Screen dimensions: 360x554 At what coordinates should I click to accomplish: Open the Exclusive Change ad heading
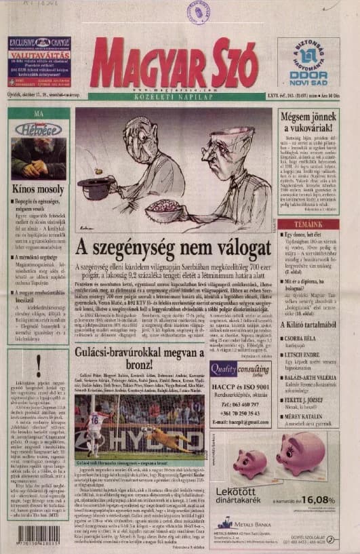pyautogui.click(x=38, y=45)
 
